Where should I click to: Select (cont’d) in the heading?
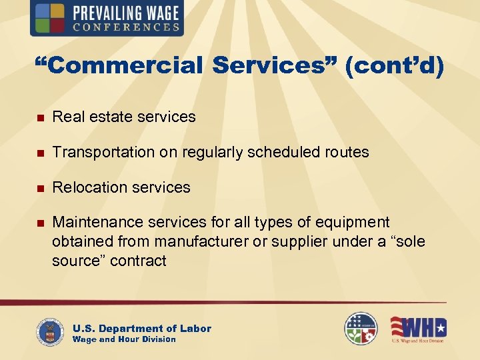tap(394, 66)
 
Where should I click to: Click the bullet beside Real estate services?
tap(39, 117)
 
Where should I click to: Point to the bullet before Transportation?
tap(39, 153)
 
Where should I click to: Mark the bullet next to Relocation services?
tap(39, 188)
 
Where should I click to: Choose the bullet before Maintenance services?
tap(39, 223)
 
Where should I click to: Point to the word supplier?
tap(277, 241)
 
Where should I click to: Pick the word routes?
tap(347, 152)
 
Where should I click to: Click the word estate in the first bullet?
tap(102, 117)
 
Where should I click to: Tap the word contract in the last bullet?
tap(139, 260)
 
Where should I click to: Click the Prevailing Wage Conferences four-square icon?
tap(50, 18)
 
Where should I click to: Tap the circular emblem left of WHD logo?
tap(361, 329)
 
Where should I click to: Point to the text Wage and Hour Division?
tap(124, 339)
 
